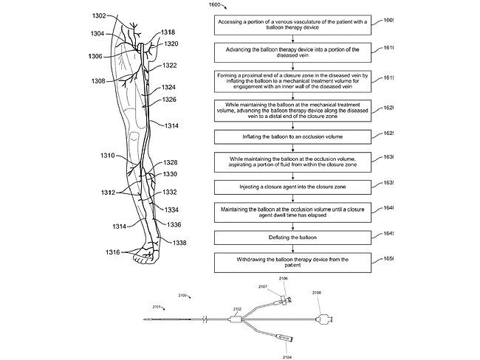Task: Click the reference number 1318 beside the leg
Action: pyautogui.click(x=168, y=32)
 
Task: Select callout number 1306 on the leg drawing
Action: pyautogui.click(x=95, y=56)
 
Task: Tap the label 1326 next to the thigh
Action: pyautogui.click(x=169, y=99)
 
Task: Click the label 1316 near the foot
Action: pyautogui.click(x=112, y=253)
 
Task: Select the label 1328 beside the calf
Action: pyautogui.click(x=171, y=162)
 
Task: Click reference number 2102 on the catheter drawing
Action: pyautogui.click(x=237, y=308)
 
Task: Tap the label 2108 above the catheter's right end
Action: pyautogui.click(x=316, y=293)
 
